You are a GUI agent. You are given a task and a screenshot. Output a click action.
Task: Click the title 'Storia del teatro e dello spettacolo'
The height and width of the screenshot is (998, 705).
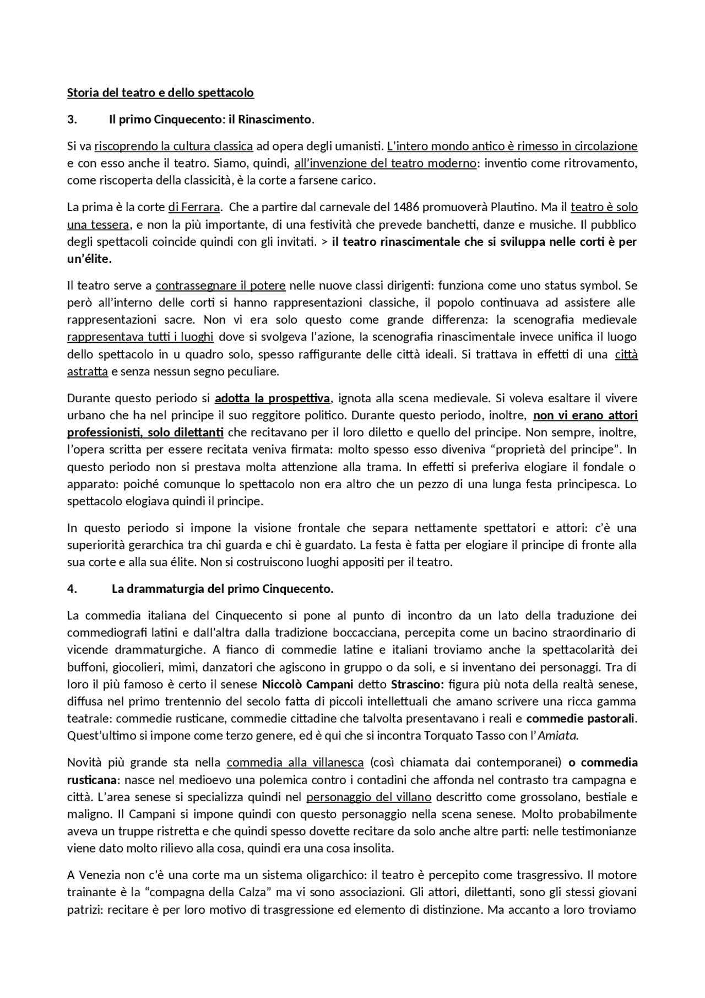coord(160,93)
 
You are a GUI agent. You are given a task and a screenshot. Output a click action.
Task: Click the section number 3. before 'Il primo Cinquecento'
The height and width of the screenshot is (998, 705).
coord(72,120)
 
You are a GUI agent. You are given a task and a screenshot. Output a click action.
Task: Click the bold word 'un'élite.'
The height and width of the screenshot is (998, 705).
coord(89,259)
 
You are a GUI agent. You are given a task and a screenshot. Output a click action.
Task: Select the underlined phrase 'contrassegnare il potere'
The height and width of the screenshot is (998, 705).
coord(220,286)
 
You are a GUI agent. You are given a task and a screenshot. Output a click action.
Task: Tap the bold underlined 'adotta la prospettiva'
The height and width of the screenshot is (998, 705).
coord(273,398)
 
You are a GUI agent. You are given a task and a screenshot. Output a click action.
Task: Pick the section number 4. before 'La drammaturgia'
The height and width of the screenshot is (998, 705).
coord(72,589)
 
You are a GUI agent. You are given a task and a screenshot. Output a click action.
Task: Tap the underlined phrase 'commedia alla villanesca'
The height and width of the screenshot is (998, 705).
coord(295,763)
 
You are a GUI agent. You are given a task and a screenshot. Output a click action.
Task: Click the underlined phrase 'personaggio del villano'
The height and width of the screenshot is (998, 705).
coord(368,797)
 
